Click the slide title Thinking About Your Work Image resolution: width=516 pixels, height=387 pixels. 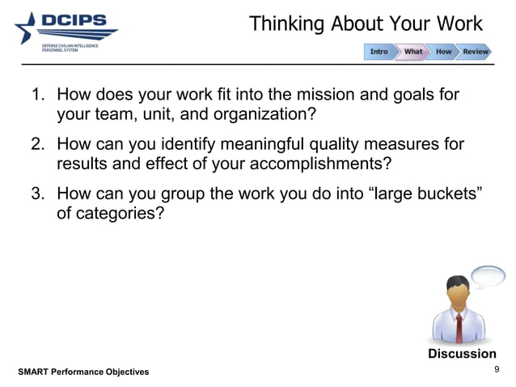coord(366,23)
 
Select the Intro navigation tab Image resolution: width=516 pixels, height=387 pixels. coord(379,52)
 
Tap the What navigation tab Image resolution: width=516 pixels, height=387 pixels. coord(413,52)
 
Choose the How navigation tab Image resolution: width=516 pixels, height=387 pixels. coord(444,52)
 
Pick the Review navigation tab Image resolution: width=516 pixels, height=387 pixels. coord(476,52)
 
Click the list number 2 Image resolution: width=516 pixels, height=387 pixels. coord(37,145)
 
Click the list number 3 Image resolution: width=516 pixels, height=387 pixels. coord(37,195)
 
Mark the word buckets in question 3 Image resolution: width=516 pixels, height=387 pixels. coord(439,195)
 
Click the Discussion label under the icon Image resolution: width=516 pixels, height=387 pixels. coord(462,354)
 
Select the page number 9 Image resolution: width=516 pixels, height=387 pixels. coord(497,370)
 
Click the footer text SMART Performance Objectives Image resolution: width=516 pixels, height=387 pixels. coord(83,372)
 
